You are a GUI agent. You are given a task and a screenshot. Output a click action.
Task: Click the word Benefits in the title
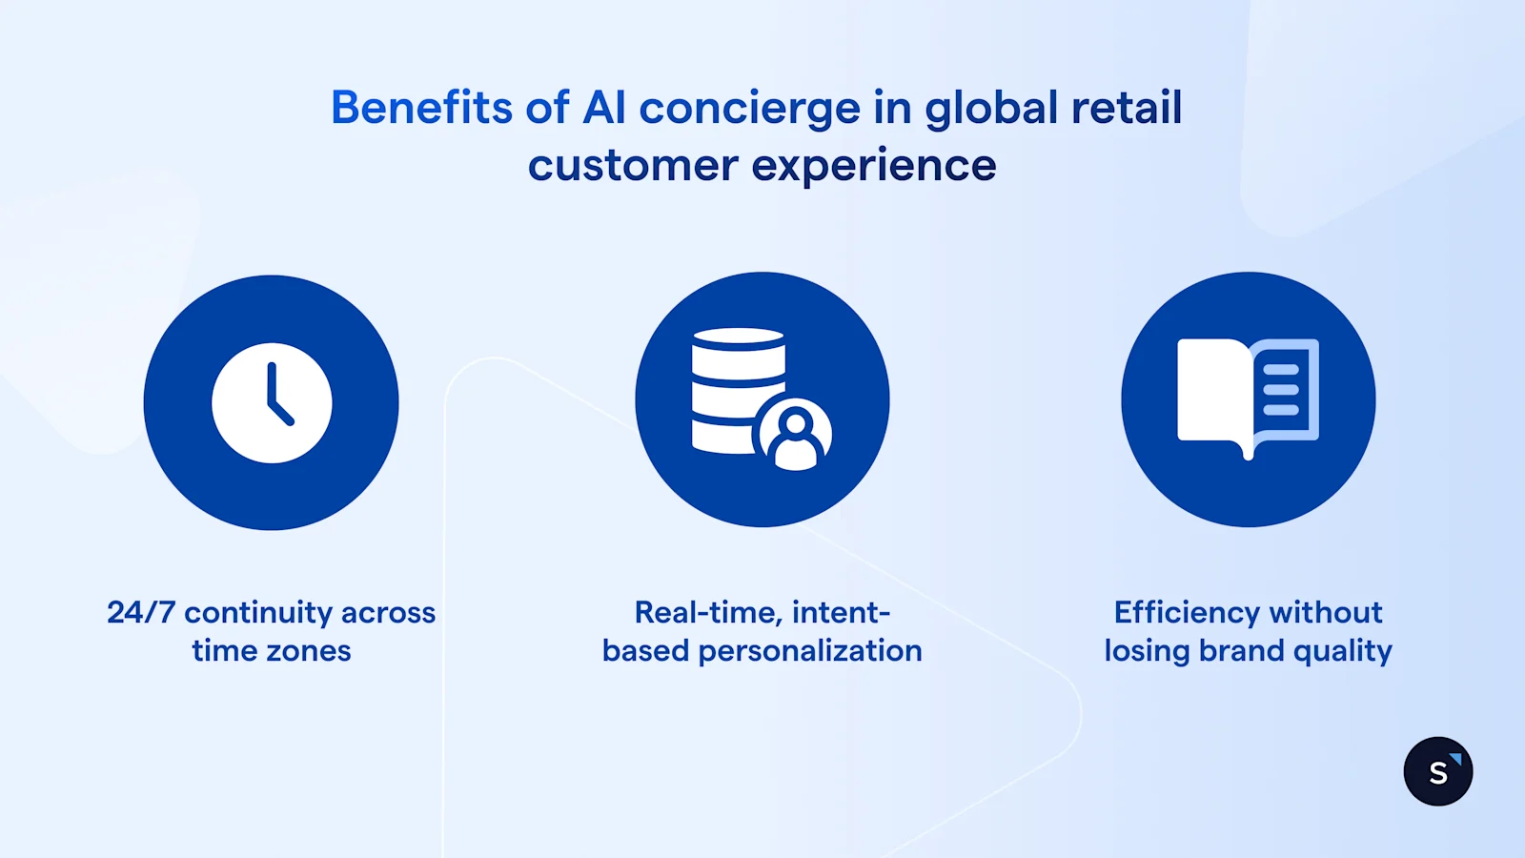pyautogui.click(x=422, y=108)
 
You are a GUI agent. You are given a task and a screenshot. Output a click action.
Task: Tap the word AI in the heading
pyautogui.click(x=604, y=108)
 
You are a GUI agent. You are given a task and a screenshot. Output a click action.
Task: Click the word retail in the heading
pyautogui.click(x=1127, y=108)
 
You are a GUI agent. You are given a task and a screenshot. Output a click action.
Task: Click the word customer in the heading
pyautogui.click(x=633, y=167)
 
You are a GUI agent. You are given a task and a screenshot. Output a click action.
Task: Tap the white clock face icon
pyautogui.click(x=272, y=402)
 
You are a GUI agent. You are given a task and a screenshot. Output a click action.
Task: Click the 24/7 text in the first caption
pyautogui.click(x=140, y=612)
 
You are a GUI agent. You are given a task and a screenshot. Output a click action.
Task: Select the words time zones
pyautogui.click(x=272, y=651)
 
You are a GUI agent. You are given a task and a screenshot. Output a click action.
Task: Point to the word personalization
pyautogui.click(x=809, y=652)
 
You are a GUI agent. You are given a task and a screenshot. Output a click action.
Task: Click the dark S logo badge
pyautogui.click(x=1437, y=771)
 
